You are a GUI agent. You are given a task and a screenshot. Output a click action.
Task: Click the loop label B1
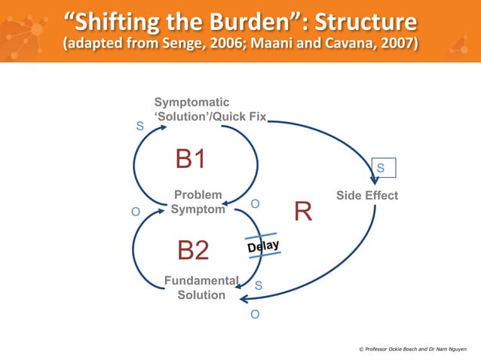coord(191,159)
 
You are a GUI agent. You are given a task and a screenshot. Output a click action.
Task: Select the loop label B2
coord(192,250)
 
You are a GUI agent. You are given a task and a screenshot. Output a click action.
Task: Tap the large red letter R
coord(303,212)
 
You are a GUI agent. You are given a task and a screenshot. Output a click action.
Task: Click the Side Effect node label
coord(367,196)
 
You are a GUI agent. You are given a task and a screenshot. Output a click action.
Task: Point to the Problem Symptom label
coord(198,202)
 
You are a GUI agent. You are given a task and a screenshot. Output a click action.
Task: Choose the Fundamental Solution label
coord(201,288)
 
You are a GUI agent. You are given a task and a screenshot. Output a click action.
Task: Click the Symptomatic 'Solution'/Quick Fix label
coord(210,110)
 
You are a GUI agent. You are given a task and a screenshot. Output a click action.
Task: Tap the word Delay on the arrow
coord(263,246)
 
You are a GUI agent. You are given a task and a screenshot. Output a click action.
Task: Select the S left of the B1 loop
coord(139,127)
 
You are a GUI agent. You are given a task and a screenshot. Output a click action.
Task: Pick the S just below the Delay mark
coord(259,285)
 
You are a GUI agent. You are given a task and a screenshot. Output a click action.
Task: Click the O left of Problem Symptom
coord(136,212)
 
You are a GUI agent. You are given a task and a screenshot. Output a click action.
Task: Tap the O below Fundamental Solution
coord(255,314)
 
